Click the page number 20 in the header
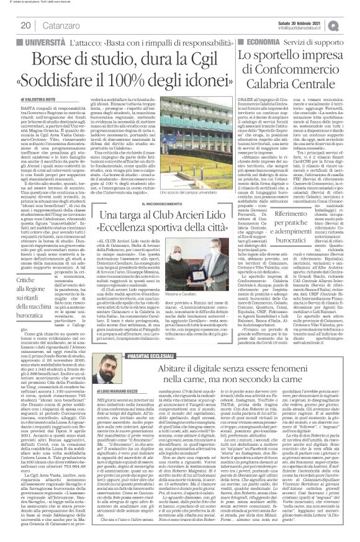[26, 25]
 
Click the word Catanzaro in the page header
[61, 25]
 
